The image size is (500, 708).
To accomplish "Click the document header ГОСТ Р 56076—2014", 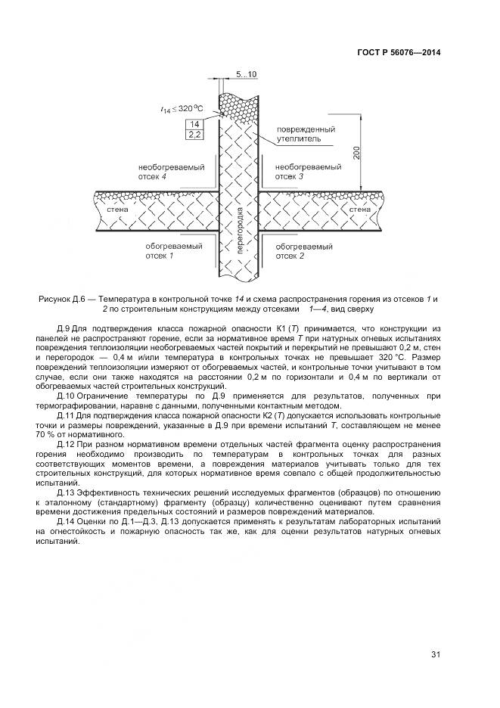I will tap(399, 53).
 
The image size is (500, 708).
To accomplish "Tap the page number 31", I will tap(436, 654).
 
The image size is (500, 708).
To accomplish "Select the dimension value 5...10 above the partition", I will tap(247, 74).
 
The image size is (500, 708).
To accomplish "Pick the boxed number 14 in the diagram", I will tap(194, 124).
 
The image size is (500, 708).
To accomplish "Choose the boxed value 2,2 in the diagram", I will tap(194, 135).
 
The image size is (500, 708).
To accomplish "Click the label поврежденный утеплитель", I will tap(303, 134).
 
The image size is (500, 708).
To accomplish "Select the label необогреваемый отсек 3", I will tap(303, 171).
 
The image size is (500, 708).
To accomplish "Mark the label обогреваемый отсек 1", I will tap(170, 251).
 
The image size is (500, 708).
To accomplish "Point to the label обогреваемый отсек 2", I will tap(303, 251).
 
